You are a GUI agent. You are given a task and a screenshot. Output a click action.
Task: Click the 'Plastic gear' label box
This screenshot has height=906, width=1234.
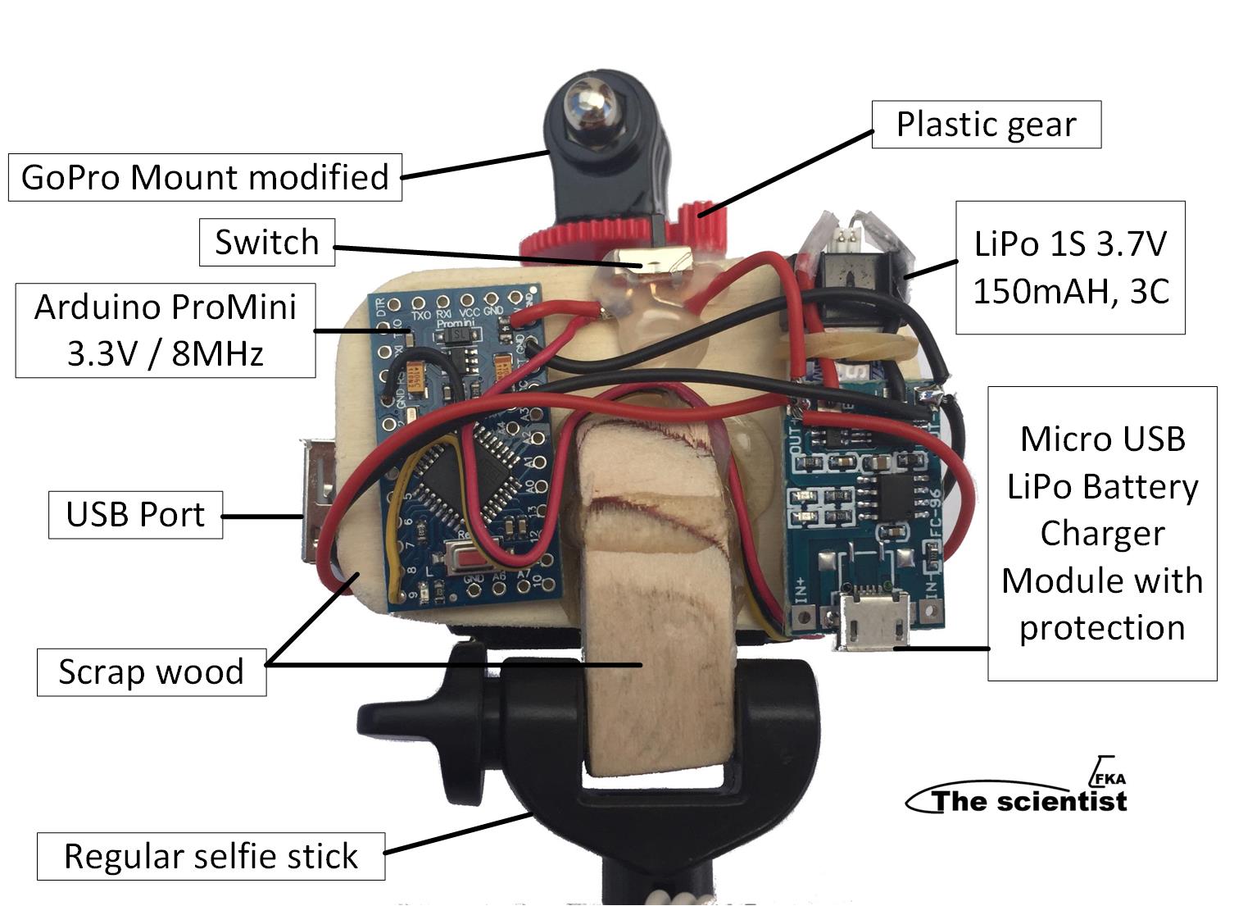[986, 125]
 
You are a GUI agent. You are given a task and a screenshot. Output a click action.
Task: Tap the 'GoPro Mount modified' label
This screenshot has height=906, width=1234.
[205, 177]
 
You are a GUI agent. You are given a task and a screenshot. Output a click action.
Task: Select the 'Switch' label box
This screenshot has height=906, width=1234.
[267, 243]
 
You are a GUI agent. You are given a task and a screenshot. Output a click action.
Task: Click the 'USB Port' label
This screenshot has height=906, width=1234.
[135, 515]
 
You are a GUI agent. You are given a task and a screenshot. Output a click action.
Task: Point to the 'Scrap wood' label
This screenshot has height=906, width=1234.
[152, 672]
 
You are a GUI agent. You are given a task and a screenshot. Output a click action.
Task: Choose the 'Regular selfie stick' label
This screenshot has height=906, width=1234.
[211, 857]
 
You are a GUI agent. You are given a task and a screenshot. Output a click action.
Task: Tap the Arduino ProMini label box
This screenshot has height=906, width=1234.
[165, 330]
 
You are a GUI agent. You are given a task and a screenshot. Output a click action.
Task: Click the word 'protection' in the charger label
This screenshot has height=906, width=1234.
[1102, 628]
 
